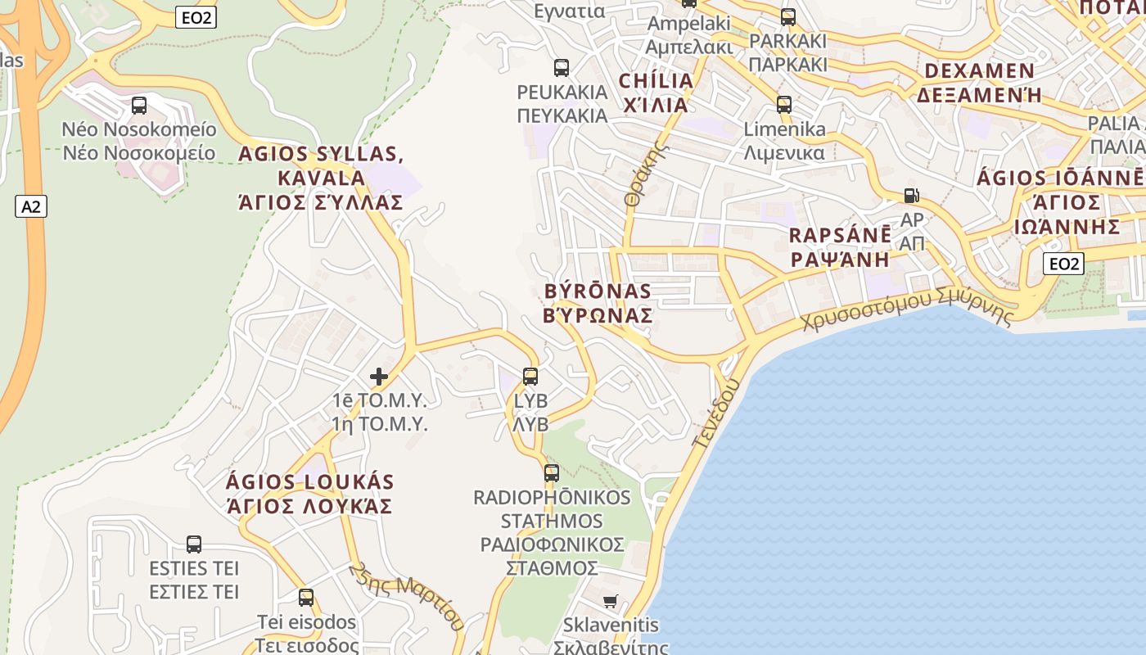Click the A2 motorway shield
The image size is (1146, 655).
click(31, 206)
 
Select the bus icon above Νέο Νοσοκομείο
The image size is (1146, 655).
click(139, 106)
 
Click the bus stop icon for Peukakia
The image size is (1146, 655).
click(562, 68)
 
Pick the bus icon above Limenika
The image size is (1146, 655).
click(784, 105)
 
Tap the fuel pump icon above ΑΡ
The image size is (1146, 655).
click(911, 196)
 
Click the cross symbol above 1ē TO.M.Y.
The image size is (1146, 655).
click(379, 377)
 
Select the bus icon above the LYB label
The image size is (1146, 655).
click(530, 377)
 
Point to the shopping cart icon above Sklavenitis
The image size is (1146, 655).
click(610, 602)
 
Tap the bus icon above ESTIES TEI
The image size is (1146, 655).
click(194, 544)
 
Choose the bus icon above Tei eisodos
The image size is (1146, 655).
click(306, 598)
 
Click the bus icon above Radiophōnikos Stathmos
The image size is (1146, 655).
click(552, 473)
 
